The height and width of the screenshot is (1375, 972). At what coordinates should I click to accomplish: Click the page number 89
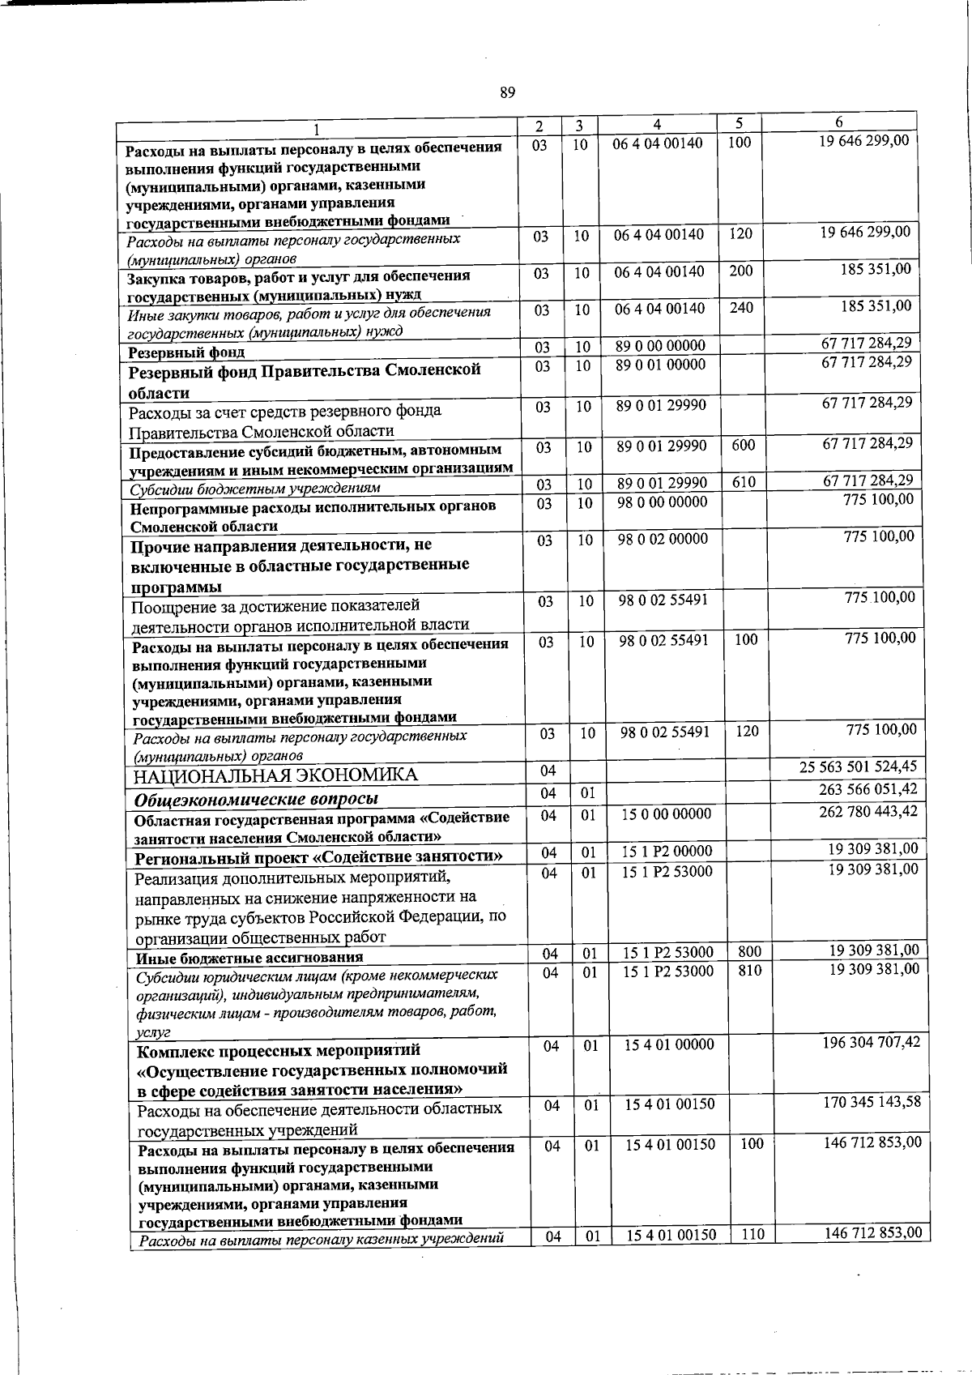[x=508, y=92]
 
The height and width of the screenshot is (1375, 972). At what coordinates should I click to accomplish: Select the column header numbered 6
[x=839, y=122]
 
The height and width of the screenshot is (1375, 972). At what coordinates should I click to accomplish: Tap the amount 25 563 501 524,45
[x=859, y=766]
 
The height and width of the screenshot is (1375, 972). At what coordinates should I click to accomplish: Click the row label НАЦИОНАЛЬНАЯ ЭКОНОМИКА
[x=276, y=775]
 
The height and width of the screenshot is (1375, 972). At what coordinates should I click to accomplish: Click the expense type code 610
[x=744, y=483]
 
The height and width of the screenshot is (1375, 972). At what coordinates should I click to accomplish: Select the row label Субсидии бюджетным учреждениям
[x=254, y=489]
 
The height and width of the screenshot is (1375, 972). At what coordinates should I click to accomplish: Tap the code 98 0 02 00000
[x=663, y=539]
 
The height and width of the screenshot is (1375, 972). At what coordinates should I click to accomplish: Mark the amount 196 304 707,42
[x=872, y=1042]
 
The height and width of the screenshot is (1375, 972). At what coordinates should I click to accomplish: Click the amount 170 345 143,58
[x=872, y=1102]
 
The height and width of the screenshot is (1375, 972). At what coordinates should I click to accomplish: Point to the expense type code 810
[x=750, y=970]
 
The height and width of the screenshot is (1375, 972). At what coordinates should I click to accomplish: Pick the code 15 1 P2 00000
[x=667, y=851]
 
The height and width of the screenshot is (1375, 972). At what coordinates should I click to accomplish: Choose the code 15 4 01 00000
[x=669, y=1045]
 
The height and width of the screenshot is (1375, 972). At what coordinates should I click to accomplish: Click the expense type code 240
[x=741, y=308]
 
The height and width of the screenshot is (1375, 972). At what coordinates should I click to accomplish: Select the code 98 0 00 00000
[x=662, y=502]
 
